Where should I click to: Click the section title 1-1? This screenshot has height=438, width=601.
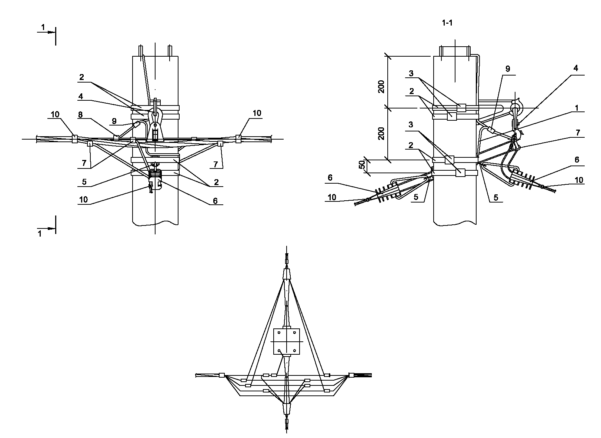pyautogui.click(x=447, y=23)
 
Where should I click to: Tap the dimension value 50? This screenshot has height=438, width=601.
pyautogui.click(x=362, y=165)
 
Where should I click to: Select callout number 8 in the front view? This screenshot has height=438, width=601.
pyautogui.click(x=80, y=114)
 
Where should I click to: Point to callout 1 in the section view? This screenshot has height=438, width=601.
pyautogui.click(x=576, y=108)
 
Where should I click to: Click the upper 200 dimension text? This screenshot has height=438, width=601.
pyautogui.click(x=381, y=87)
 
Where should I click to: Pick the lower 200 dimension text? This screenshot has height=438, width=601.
pyautogui.click(x=381, y=133)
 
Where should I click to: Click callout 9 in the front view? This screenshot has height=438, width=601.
pyautogui.click(x=114, y=121)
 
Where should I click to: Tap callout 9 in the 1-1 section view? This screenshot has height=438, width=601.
pyautogui.click(x=508, y=69)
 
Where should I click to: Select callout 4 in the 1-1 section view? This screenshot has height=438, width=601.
pyautogui.click(x=575, y=68)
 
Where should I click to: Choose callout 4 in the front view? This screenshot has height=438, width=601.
pyautogui.click(x=81, y=96)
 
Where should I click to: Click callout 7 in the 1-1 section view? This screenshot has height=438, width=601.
pyautogui.click(x=578, y=133)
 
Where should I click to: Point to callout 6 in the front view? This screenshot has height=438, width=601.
pyautogui.click(x=215, y=201)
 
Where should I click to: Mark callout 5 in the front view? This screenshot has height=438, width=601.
pyautogui.click(x=84, y=182)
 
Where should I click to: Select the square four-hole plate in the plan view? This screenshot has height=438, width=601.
pyautogui.click(x=287, y=341)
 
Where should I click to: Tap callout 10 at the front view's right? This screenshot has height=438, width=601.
pyautogui.click(x=257, y=113)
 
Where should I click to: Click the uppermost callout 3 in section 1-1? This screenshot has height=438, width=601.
pyautogui.click(x=411, y=73)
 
